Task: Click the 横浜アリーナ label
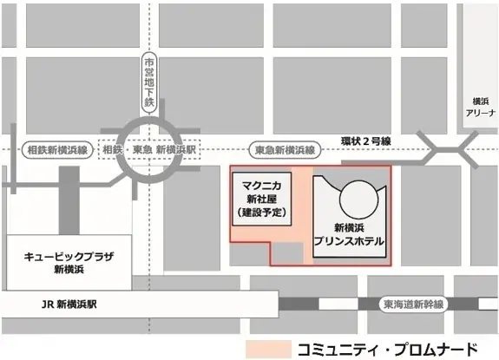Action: tap(478, 107)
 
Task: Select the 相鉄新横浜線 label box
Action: tap(57, 149)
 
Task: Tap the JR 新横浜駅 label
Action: tap(75, 305)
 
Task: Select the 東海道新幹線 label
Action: tap(413, 304)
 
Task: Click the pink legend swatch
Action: tap(268, 345)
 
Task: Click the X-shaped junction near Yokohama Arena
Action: tap(445, 148)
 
